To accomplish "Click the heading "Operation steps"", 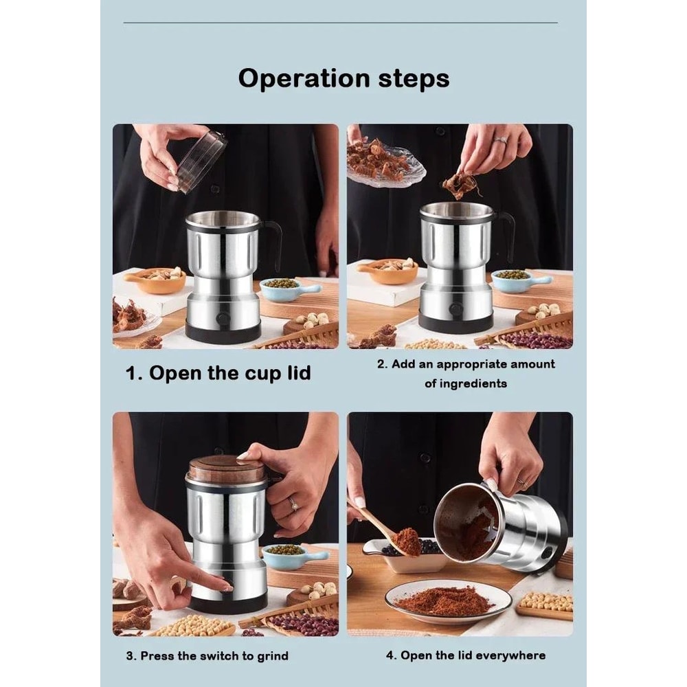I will click(x=343, y=78).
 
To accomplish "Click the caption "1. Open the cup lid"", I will click(x=218, y=373).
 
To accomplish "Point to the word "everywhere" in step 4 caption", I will click(x=510, y=655).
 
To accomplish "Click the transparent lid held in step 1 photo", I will click(x=201, y=160).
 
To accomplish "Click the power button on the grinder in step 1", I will click(x=223, y=319).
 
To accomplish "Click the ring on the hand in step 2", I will click(x=499, y=140).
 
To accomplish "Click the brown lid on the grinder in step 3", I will click(x=227, y=469).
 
